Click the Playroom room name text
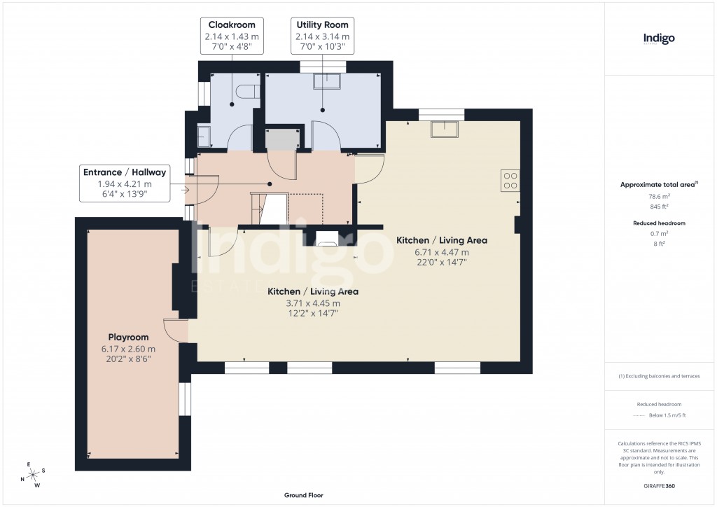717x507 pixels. click(128, 337)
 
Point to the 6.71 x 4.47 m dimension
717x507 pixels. click(441, 252)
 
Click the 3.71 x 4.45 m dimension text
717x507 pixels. click(313, 303)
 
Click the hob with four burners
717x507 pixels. click(510, 181)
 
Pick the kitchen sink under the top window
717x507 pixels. click(444, 130)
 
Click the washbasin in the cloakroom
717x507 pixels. click(204, 136)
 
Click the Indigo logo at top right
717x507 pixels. click(659, 39)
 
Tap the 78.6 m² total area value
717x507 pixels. click(659, 197)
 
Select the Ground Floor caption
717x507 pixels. click(302, 495)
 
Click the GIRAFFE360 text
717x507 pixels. click(659, 485)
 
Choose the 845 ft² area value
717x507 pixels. click(659, 207)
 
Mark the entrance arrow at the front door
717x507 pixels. click(185, 189)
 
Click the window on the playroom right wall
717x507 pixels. click(184, 398)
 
